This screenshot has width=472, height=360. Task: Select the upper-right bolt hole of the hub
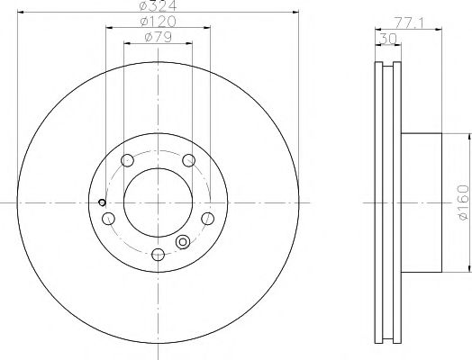pyautogui.click(x=188, y=160)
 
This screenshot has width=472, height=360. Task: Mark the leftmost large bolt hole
pyautogui.click(x=109, y=219)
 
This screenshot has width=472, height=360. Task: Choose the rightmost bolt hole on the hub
pyautogui.click(x=207, y=219)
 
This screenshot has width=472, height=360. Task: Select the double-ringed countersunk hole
pyautogui.click(x=183, y=241)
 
